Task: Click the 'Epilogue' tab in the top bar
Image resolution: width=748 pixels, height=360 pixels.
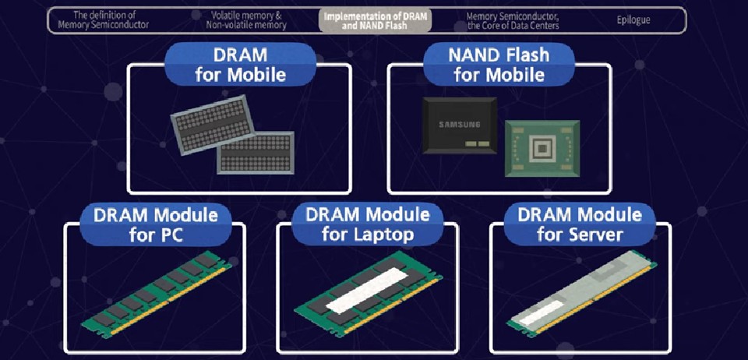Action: [633, 20]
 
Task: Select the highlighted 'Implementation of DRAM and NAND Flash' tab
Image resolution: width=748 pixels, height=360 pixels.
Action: [375, 20]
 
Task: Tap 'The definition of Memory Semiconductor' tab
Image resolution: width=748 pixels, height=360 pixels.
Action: [104, 20]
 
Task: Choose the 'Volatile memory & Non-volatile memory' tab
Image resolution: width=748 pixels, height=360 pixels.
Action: [246, 20]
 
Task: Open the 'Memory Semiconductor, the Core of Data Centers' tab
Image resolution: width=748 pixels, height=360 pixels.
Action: [513, 20]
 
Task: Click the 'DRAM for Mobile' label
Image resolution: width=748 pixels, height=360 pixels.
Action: [241, 65]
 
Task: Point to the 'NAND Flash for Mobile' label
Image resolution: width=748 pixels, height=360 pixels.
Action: [499, 65]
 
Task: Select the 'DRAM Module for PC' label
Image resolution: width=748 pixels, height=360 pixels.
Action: [156, 224]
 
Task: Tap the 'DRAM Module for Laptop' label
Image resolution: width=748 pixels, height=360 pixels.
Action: [367, 224]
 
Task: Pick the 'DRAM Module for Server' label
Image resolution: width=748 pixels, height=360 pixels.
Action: [580, 224]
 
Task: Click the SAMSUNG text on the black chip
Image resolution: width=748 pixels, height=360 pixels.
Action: [460, 125]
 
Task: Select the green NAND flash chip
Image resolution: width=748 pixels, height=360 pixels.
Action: [543, 148]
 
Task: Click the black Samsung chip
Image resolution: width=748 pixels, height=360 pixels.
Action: [460, 125]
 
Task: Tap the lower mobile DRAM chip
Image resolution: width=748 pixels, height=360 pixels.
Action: [256, 152]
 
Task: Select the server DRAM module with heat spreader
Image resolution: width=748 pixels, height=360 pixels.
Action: [582, 291]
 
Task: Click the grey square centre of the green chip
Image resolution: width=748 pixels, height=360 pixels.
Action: [543, 149]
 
